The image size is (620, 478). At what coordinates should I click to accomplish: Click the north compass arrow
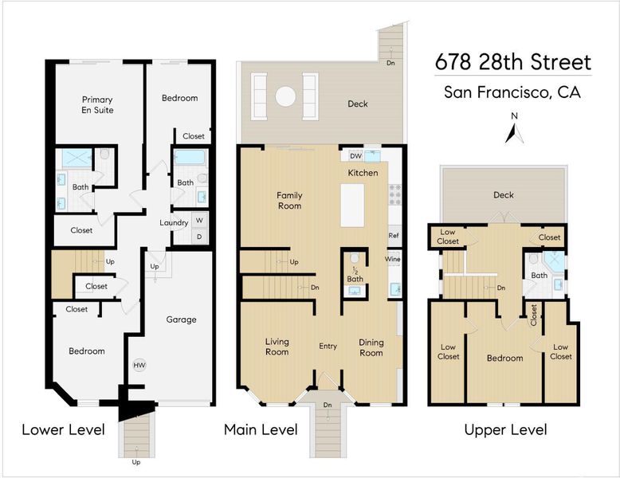tap(514, 134)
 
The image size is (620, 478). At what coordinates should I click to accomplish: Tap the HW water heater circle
tap(139, 366)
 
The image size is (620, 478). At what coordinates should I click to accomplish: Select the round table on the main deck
tap(285, 96)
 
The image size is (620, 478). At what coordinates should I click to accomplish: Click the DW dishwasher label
tap(356, 156)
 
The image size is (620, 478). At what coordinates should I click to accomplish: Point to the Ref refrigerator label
tap(394, 235)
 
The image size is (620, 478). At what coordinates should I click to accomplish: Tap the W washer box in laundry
tap(199, 220)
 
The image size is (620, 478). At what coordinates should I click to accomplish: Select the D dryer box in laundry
tap(199, 237)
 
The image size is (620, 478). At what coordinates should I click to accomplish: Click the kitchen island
tap(352, 206)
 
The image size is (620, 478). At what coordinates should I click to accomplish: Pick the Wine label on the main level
tap(393, 259)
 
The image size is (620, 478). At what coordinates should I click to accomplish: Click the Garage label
tap(181, 319)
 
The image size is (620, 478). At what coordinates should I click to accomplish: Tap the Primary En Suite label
tap(97, 105)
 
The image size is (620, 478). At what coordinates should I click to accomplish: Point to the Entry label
tap(328, 346)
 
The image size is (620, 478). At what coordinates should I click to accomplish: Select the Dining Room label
tap(371, 347)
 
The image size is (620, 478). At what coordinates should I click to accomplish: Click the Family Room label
tap(289, 201)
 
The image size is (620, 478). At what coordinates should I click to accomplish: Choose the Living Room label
tap(277, 347)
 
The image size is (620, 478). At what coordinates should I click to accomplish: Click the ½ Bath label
tap(355, 275)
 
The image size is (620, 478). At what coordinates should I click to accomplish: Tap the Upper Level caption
tap(506, 429)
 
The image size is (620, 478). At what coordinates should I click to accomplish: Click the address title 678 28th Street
tap(513, 62)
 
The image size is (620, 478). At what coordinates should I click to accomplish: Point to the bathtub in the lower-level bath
tap(190, 158)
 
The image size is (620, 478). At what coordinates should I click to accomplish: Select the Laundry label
tap(174, 223)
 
